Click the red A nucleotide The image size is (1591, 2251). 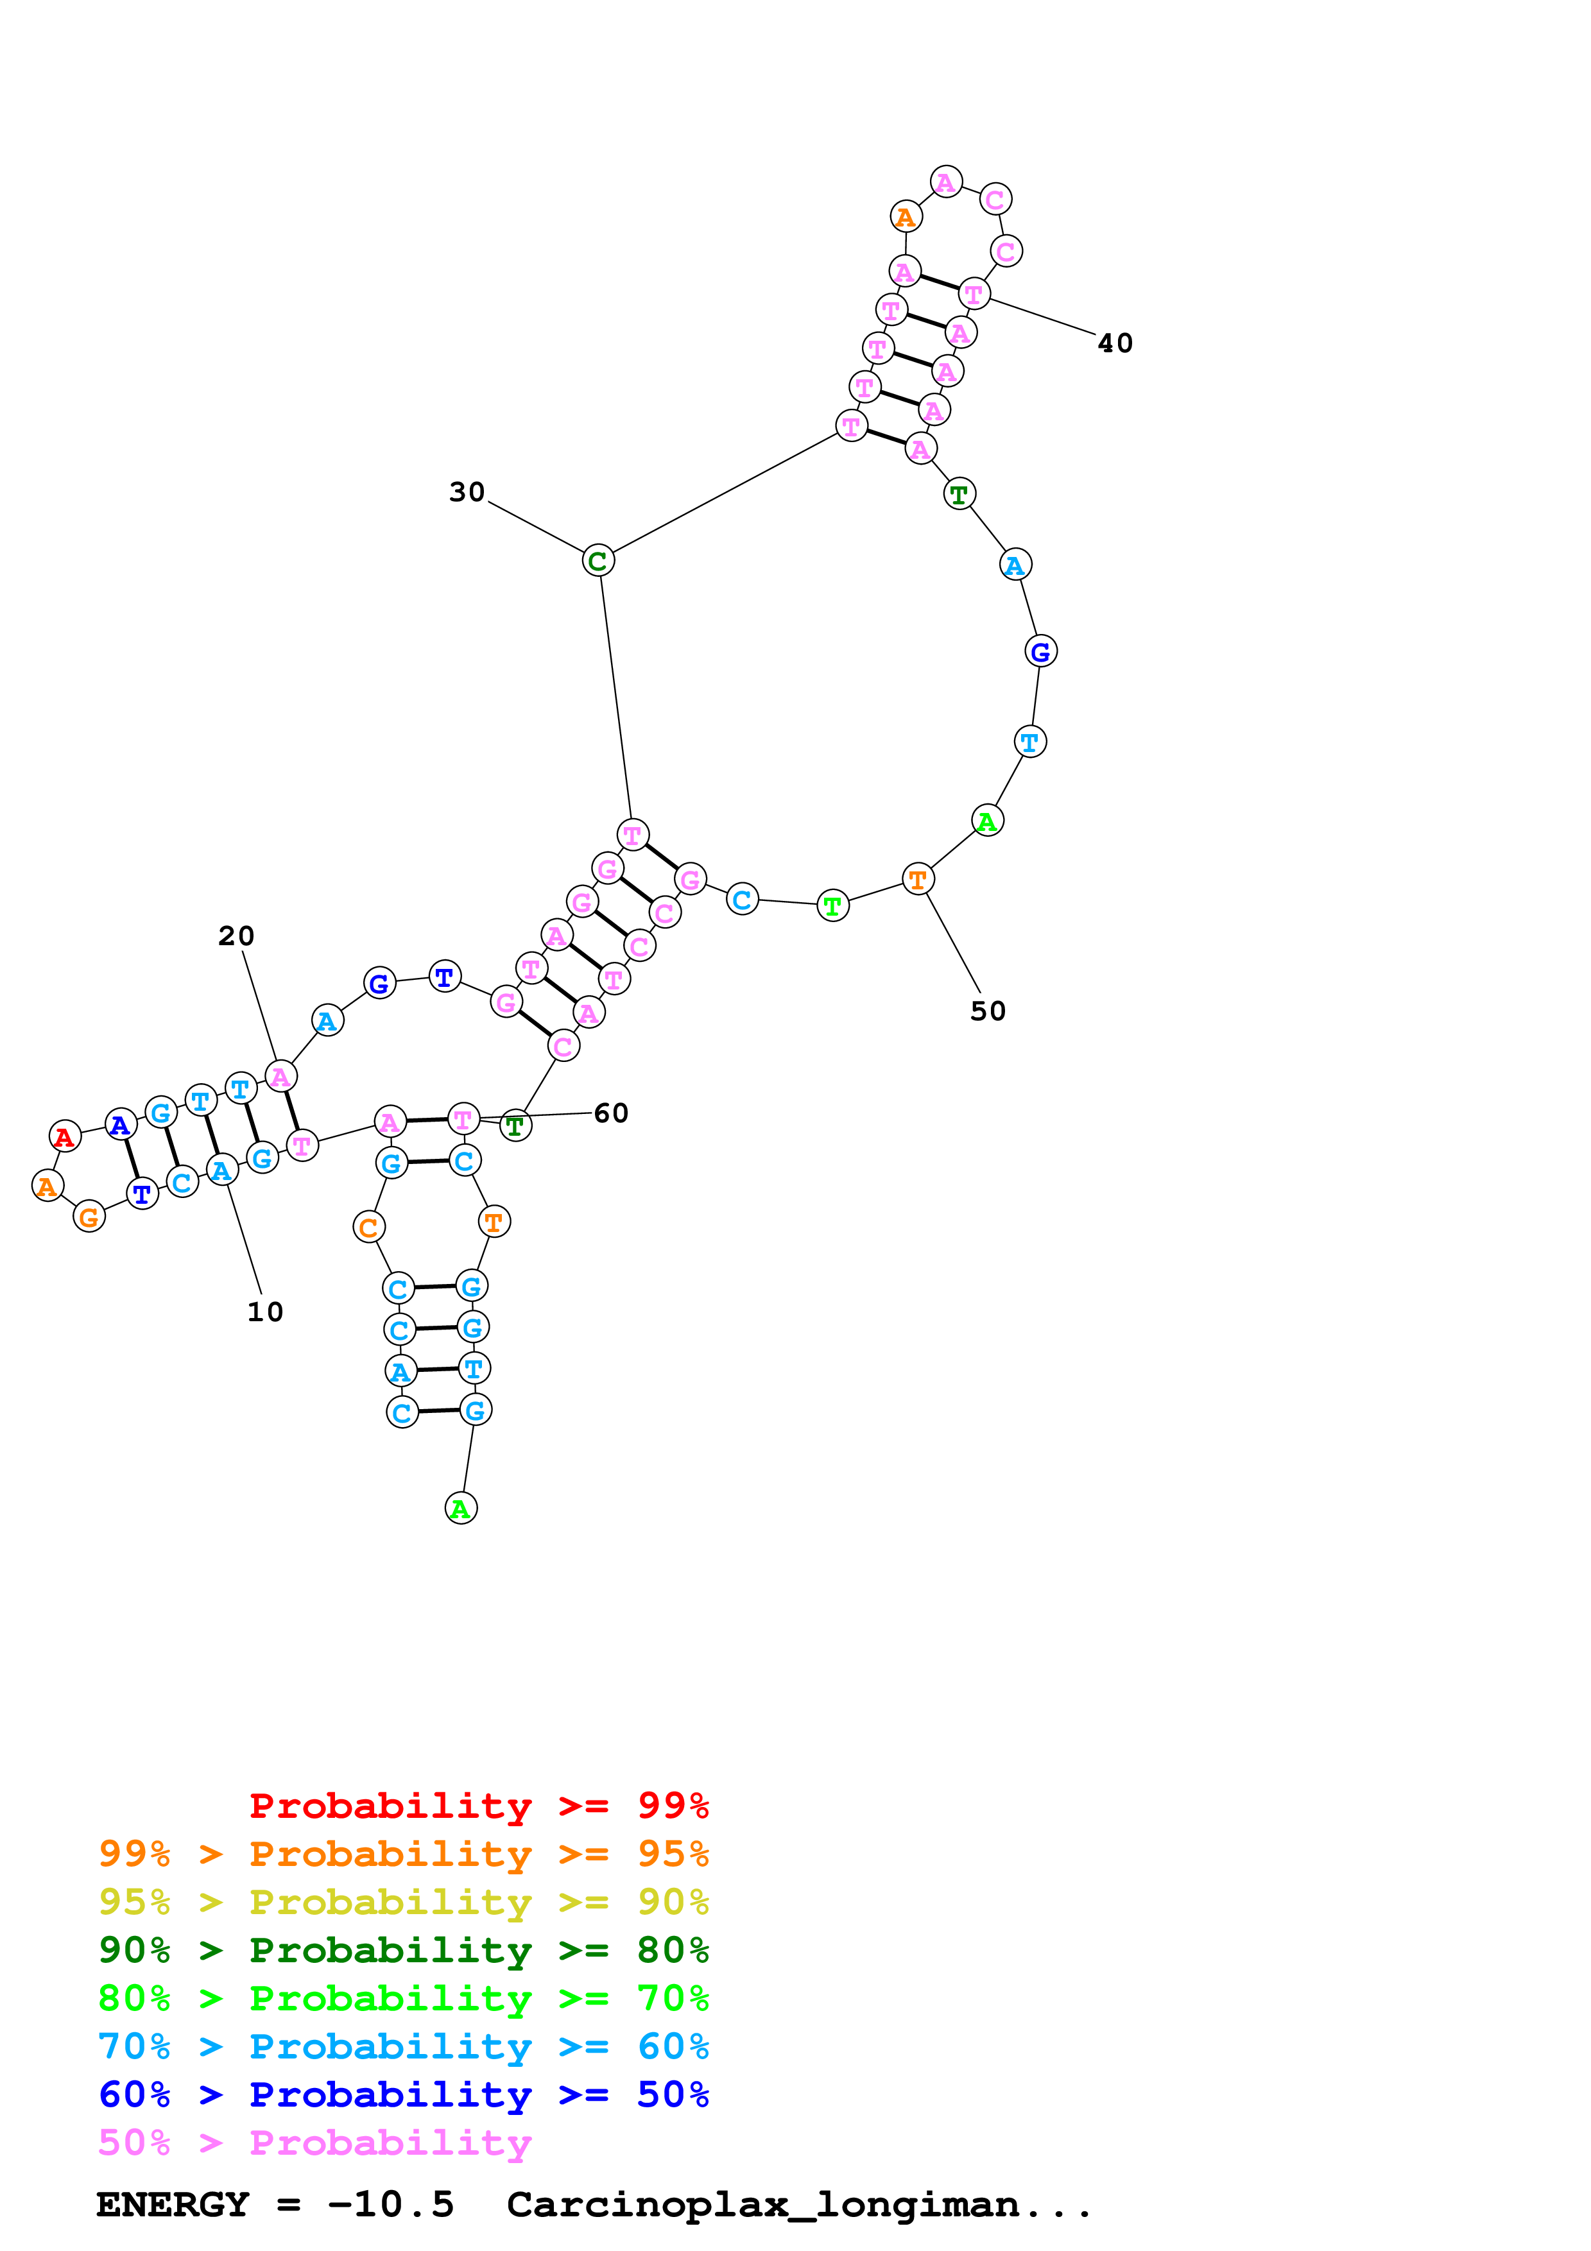[x=65, y=1136]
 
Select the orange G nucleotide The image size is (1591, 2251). [x=89, y=1217]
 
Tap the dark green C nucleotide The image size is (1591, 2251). [x=598, y=561]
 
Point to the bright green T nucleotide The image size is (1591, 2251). [x=832, y=906]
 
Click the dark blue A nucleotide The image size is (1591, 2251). [x=121, y=1124]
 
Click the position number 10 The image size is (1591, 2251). [x=264, y=1312]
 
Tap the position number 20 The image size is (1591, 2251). [x=236, y=936]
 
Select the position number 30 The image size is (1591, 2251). [x=468, y=492]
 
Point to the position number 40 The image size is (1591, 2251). [x=1115, y=343]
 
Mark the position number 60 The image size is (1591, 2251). [x=611, y=1113]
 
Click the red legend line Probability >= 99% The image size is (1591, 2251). [x=478, y=1806]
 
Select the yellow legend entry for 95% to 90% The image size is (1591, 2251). [x=403, y=1902]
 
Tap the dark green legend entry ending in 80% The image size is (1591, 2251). [x=403, y=1950]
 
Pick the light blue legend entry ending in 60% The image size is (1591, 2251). [x=403, y=2046]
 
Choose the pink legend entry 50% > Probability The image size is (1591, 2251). [x=314, y=2142]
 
